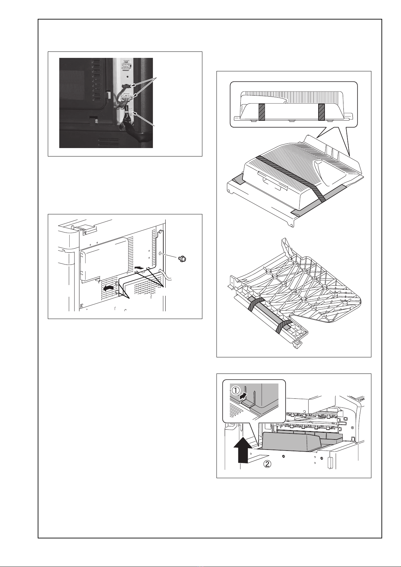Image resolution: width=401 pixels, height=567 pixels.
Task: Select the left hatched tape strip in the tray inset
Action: click(x=261, y=112)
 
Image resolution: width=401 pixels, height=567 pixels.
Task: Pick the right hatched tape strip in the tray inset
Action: click(x=322, y=112)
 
